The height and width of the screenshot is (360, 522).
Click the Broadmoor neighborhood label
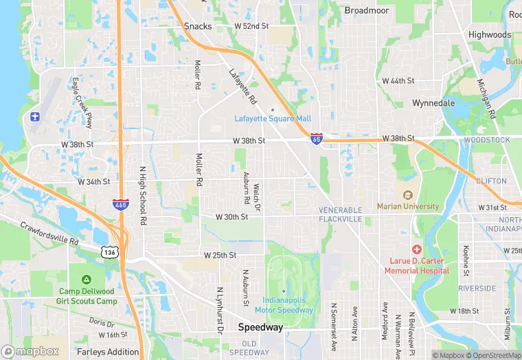click(x=367, y=10)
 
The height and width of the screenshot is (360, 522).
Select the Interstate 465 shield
click(x=121, y=205)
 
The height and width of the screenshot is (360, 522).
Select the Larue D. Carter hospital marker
click(x=416, y=249)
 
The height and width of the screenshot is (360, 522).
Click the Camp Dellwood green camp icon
click(x=87, y=280)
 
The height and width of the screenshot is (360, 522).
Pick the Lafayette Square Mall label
click(x=273, y=118)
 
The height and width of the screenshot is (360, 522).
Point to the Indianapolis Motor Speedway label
click(x=288, y=305)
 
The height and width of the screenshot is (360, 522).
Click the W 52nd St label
click(x=251, y=25)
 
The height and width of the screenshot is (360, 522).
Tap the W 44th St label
click(x=398, y=80)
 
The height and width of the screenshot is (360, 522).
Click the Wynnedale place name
click(x=433, y=103)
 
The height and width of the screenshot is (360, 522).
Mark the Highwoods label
click(x=490, y=34)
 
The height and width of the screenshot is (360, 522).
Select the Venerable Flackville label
click(x=339, y=214)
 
